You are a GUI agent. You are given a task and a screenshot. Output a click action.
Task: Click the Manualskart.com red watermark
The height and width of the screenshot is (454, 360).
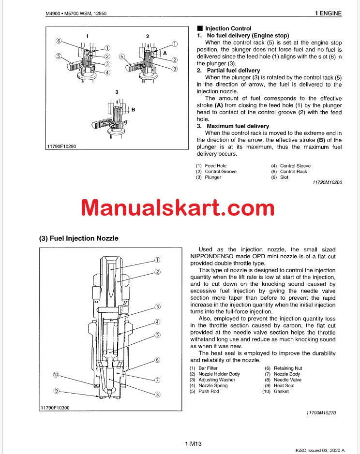(x=178, y=208)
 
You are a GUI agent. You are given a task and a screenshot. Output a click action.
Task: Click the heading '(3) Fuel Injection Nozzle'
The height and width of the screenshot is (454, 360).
(x=78, y=238)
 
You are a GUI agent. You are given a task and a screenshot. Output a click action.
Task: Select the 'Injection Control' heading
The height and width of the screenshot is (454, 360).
(x=228, y=29)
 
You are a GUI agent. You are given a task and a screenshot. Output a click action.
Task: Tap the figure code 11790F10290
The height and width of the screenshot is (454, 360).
(x=62, y=146)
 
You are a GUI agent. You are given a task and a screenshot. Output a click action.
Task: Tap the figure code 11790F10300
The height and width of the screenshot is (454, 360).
(x=55, y=408)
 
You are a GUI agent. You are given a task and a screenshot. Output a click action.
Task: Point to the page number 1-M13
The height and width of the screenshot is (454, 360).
(x=193, y=444)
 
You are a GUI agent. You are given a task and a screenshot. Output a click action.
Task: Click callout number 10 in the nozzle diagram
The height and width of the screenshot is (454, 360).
(x=56, y=375)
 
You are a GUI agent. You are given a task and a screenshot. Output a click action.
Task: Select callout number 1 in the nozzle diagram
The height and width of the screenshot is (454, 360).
(x=157, y=260)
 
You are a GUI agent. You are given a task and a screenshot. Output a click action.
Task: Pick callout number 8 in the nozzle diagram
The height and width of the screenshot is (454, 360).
(x=157, y=395)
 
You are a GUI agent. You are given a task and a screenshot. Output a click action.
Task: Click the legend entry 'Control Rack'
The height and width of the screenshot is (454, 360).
(x=293, y=172)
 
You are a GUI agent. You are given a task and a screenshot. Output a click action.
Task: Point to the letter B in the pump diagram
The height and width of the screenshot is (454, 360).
(x=133, y=110)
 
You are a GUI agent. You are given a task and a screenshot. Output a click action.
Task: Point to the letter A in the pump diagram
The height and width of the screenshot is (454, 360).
(x=165, y=53)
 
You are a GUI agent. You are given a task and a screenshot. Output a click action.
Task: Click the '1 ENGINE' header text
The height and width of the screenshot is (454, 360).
(x=328, y=14)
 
